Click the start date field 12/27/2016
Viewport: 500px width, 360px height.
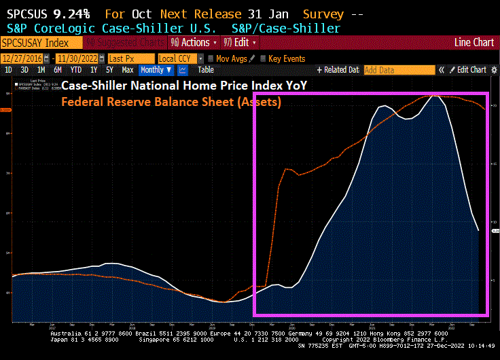[22, 58]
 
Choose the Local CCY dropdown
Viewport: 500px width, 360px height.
[179, 58]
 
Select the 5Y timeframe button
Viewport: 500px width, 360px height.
[109, 70]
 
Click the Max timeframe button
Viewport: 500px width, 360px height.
[127, 70]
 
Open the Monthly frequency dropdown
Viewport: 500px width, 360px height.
[156, 70]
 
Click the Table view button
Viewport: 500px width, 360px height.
[206, 70]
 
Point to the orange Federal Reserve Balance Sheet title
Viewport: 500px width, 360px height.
[171, 103]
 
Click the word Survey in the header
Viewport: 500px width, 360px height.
[323, 14]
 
